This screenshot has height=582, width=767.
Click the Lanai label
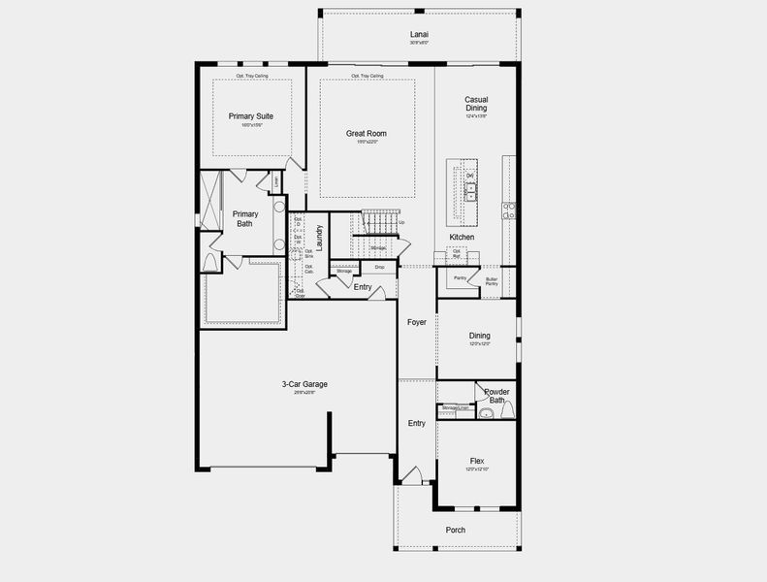[419, 35]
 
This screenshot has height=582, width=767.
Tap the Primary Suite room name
[250, 116]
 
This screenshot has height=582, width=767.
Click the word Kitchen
[462, 238]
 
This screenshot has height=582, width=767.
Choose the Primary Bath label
[245, 218]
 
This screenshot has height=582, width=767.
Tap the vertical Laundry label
[318, 238]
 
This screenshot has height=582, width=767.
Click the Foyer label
[416, 322]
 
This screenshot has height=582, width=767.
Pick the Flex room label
[477, 461]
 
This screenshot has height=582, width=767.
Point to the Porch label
[455, 530]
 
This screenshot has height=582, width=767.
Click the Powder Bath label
[496, 396]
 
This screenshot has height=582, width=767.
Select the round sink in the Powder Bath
[509, 412]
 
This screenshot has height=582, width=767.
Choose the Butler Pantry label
[492, 280]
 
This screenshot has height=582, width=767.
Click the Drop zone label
[379, 267]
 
